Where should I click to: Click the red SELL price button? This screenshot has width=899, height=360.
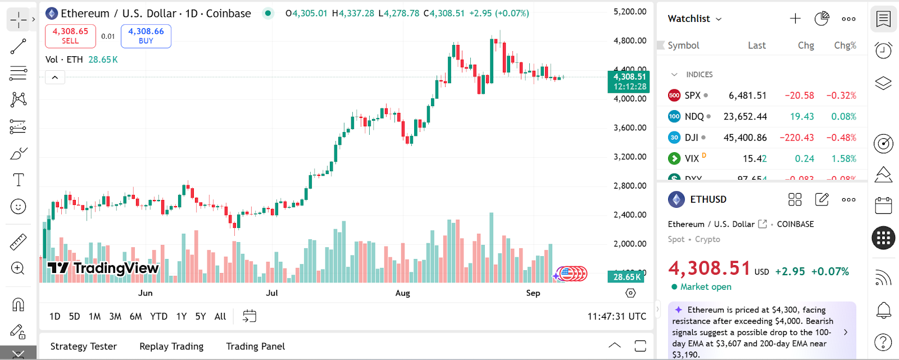click(x=70, y=36)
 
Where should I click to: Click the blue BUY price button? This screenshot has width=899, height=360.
click(x=146, y=36)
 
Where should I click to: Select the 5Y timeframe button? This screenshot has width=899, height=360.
click(x=201, y=316)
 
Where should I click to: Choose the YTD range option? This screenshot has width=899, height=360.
click(x=158, y=316)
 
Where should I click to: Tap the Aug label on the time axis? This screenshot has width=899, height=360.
click(x=402, y=293)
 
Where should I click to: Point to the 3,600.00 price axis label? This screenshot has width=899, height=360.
click(x=629, y=127)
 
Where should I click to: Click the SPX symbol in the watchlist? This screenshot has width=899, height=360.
click(x=692, y=95)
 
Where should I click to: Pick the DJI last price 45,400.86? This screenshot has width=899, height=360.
click(x=745, y=138)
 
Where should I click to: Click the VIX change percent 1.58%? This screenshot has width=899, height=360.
click(x=843, y=158)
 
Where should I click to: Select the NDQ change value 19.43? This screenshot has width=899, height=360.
click(x=802, y=116)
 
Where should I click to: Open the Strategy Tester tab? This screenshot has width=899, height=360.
click(x=84, y=346)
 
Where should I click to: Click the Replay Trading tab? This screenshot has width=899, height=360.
click(x=171, y=346)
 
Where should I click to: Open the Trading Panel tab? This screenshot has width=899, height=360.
click(x=255, y=346)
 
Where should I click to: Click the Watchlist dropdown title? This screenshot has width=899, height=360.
click(x=694, y=19)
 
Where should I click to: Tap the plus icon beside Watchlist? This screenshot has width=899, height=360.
click(x=795, y=19)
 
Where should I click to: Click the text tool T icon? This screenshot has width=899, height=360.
click(x=19, y=180)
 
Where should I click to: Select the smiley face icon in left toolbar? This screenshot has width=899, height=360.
click(x=19, y=207)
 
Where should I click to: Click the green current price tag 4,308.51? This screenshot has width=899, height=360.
click(x=629, y=81)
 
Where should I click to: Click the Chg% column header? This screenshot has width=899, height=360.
click(x=845, y=45)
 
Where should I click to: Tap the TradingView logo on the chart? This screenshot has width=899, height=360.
click(x=103, y=268)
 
